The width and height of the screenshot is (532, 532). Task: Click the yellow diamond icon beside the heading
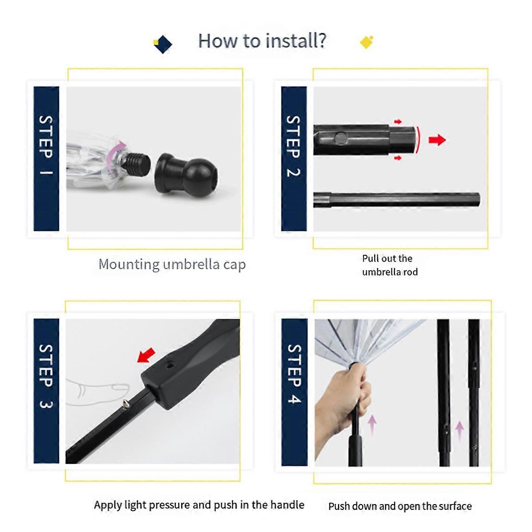(x=367, y=42)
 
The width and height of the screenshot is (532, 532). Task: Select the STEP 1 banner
(x=46, y=158)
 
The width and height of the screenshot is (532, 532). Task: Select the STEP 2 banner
(x=294, y=158)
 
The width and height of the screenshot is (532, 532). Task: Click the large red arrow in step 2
(x=437, y=140)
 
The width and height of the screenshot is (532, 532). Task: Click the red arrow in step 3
(x=147, y=355)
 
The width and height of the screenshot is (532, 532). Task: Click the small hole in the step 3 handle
(x=170, y=365)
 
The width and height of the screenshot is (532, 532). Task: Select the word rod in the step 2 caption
(x=411, y=272)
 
